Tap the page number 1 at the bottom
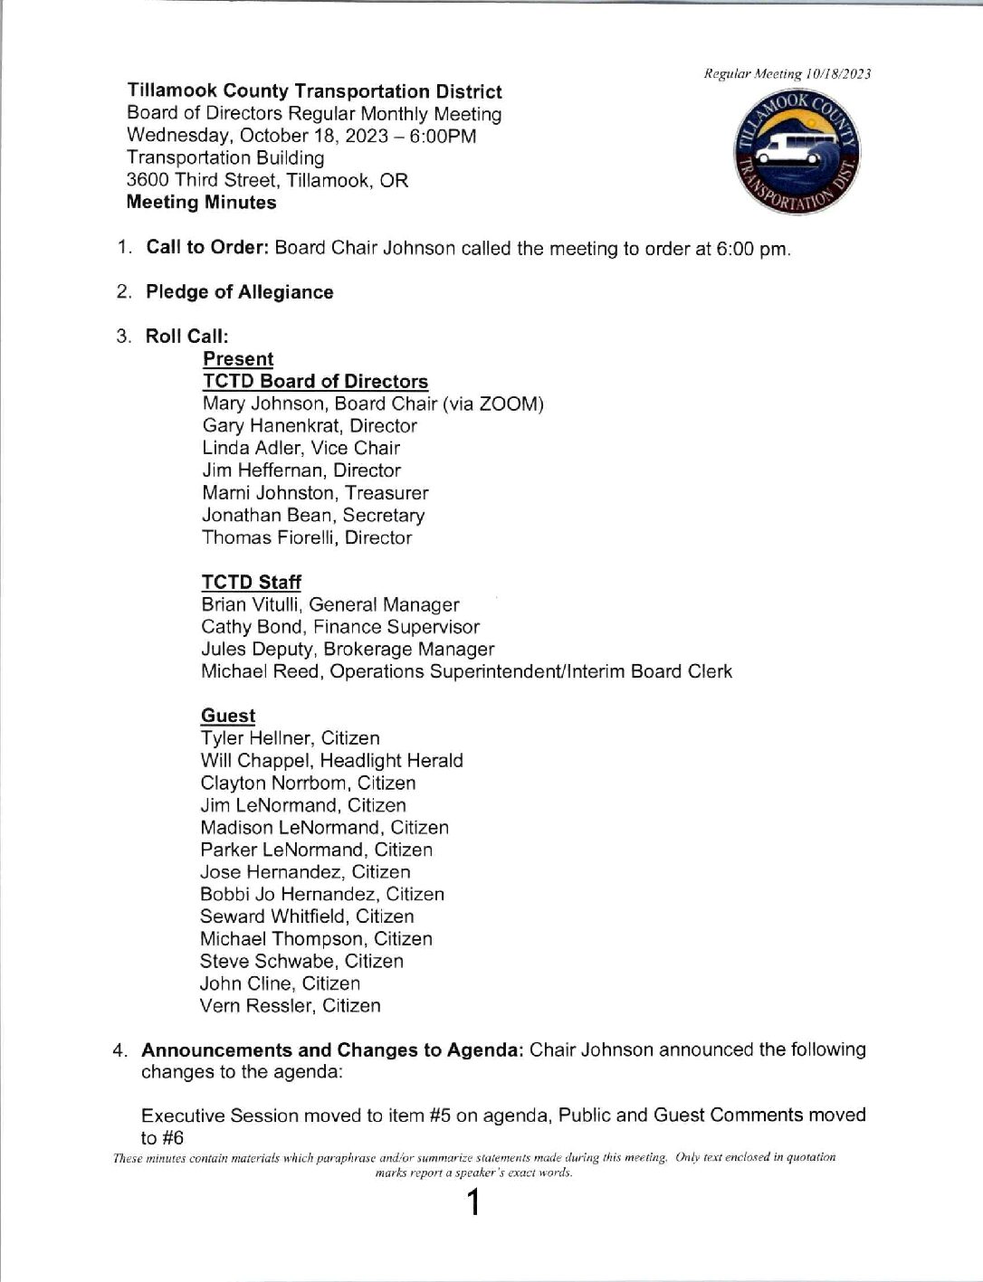click(x=471, y=1205)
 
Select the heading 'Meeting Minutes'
click(x=201, y=203)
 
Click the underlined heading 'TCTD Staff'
click(x=251, y=583)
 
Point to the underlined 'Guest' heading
click(x=228, y=716)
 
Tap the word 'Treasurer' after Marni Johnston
click(x=386, y=493)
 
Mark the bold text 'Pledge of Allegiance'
click(x=239, y=292)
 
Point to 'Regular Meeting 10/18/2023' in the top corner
click(x=787, y=74)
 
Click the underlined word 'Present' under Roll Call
click(x=238, y=359)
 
